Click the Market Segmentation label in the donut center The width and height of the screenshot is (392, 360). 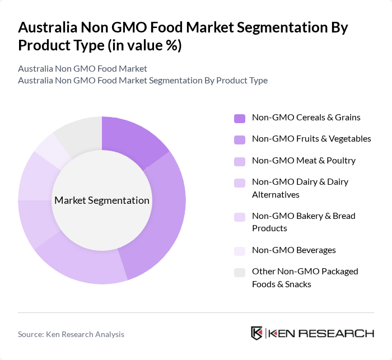click(x=102, y=200)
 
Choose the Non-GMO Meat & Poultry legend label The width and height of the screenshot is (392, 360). click(x=304, y=161)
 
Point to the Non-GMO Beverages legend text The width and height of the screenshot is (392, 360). click(x=294, y=250)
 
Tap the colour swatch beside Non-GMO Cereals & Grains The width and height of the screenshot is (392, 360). click(x=240, y=118)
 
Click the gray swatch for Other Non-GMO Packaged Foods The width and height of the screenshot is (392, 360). click(x=240, y=273)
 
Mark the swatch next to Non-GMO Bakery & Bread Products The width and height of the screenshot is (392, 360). click(x=240, y=217)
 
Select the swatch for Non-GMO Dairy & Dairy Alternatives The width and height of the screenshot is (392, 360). click(x=240, y=183)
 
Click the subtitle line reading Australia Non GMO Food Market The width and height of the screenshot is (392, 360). click(x=82, y=68)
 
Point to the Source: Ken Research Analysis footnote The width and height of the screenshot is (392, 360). click(x=71, y=334)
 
